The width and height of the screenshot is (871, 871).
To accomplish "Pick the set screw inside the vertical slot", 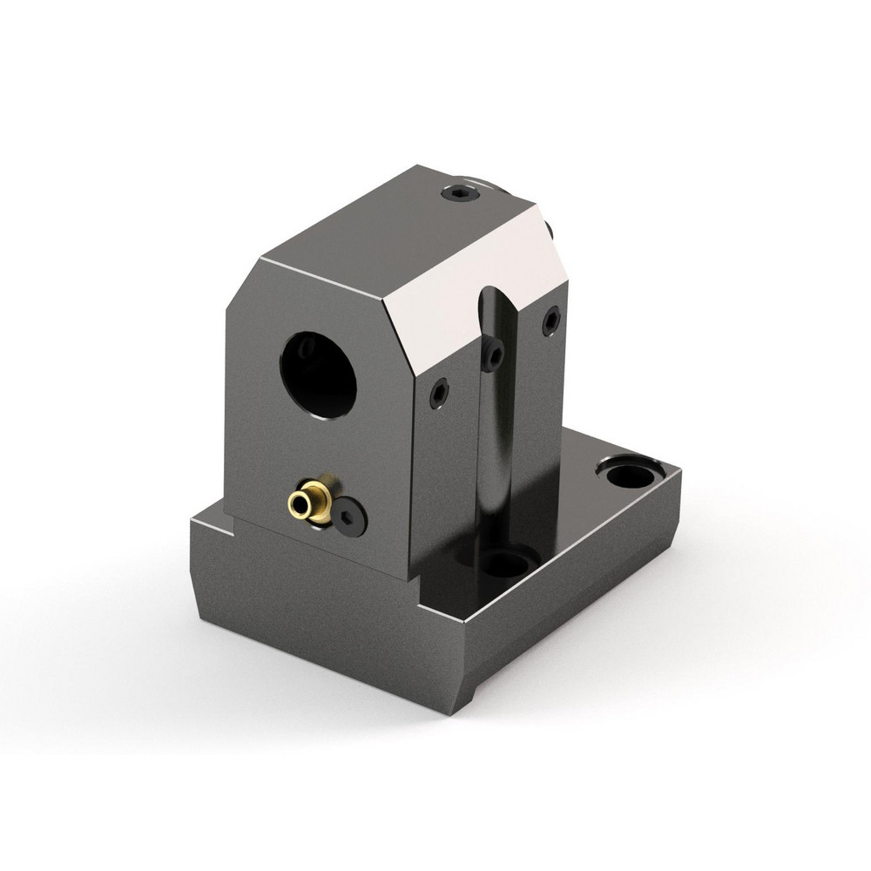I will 494,354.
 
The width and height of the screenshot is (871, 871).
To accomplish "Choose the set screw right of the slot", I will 550,322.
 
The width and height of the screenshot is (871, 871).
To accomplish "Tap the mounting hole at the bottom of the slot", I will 504,563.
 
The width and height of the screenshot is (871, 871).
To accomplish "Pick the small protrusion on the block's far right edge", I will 550,228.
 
